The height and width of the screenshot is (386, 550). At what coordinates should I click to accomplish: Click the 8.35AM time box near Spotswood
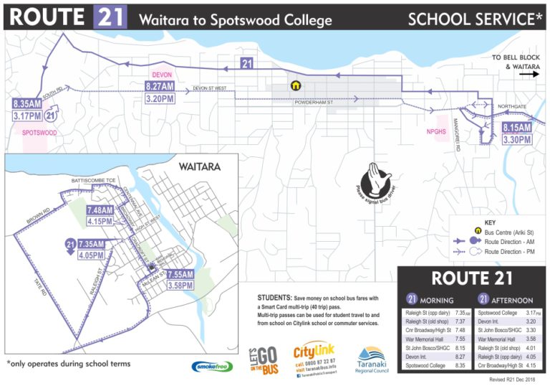coord(26,104)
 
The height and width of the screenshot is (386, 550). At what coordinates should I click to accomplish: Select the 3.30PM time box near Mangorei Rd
coord(516,139)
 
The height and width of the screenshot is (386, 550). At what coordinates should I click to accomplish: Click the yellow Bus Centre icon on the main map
coord(294,85)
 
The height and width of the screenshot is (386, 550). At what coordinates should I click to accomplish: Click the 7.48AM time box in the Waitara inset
coord(100,210)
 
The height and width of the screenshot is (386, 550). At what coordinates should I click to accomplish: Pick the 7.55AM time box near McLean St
coord(181,274)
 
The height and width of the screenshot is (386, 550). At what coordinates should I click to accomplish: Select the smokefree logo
coord(213,366)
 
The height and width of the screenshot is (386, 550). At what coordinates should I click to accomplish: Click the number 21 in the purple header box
coord(110,17)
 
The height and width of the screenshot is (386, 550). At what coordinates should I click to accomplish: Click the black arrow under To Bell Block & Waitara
coord(529,73)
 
